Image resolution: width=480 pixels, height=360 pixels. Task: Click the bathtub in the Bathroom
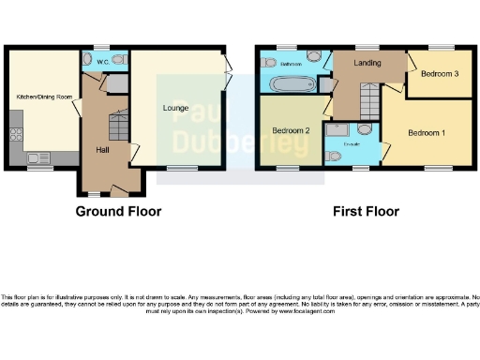(292, 84)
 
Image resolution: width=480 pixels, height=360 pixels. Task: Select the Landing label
(367, 64)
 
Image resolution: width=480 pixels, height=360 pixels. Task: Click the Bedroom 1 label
(426, 132)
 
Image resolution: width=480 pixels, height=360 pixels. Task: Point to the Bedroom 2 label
(292, 130)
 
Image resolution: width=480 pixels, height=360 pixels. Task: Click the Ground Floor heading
(118, 211)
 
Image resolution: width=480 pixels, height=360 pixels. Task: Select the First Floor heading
(366, 211)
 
